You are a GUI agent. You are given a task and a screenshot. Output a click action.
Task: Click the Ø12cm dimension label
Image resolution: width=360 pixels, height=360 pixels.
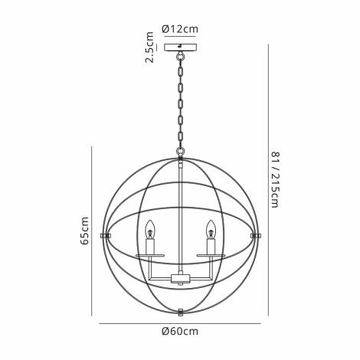pos(182,29)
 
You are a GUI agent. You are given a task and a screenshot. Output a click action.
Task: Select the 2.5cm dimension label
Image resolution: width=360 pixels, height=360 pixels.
pos(151,47)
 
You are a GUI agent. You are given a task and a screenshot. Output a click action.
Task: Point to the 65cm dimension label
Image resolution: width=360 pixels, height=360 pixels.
pos(85,230)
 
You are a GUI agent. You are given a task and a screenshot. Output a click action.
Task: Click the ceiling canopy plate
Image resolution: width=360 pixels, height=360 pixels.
pos(181,47)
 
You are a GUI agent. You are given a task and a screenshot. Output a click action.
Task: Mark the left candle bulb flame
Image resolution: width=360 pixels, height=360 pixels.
pos(150,228)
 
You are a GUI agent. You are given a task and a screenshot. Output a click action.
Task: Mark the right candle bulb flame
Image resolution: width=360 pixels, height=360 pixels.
pos(209,228)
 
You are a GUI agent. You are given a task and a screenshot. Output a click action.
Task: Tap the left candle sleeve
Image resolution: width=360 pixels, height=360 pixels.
pos(150,246)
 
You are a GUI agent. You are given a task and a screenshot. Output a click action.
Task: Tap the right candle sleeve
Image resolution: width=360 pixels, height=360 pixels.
pos(209,246)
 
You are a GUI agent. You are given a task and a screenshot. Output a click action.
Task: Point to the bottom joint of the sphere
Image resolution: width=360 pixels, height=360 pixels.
pos(181,311)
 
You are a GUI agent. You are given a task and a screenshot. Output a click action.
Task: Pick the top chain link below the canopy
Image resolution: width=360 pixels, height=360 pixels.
pos(181,61)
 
